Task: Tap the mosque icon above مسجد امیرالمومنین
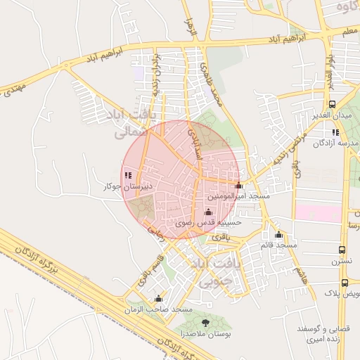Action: point(238,186)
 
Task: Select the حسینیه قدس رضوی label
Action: point(207,221)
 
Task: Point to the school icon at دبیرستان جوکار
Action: point(127,175)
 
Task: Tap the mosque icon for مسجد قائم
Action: point(278,235)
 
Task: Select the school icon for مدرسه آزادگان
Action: point(335,132)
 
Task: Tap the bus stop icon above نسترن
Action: point(342,250)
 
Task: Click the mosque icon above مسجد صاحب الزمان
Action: point(158,299)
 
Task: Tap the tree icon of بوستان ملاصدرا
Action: point(205,322)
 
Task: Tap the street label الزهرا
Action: point(188,28)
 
